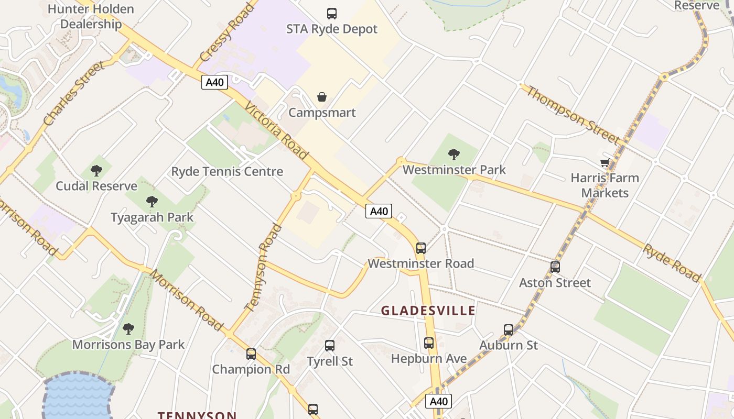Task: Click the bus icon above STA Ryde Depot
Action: point(331,14)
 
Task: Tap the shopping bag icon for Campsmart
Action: point(322,97)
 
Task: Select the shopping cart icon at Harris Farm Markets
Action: point(605,163)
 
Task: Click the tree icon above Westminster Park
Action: point(454,154)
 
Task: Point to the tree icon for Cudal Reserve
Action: point(96,170)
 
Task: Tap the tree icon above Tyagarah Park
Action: point(152,201)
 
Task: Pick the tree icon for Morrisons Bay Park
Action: point(128,329)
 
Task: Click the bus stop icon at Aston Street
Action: point(555,267)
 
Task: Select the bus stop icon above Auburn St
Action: point(509,330)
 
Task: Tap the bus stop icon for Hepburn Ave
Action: point(429,343)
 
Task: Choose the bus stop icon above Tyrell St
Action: point(329,346)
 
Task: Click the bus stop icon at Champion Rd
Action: point(251,354)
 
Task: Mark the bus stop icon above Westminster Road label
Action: point(420,248)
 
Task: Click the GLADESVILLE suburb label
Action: point(428,311)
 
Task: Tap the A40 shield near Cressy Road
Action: point(214,82)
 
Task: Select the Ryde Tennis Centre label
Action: point(227,171)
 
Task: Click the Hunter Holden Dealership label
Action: point(91,16)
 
